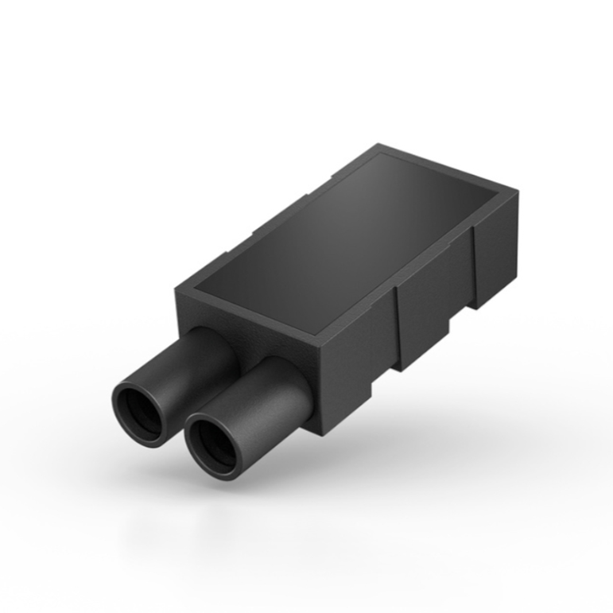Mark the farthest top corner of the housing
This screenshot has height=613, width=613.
pyautogui.click(x=380, y=145)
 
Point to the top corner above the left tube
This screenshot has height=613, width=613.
pyautogui.click(x=177, y=287)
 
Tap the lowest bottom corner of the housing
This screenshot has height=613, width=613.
pyautogui.click(x=322, y=434)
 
